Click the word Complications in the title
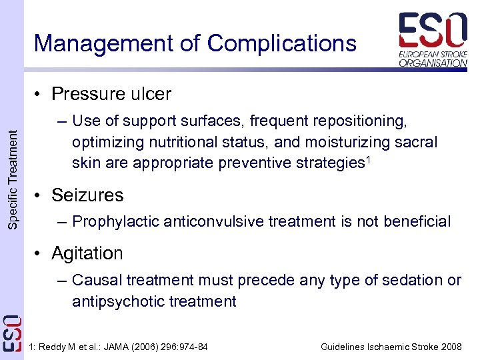[281, 43]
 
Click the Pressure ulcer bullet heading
[111, 94]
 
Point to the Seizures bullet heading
[87, 195]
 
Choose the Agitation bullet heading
[87, 253]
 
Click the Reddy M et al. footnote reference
[119, 347]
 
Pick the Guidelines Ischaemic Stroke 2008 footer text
[391, 347]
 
